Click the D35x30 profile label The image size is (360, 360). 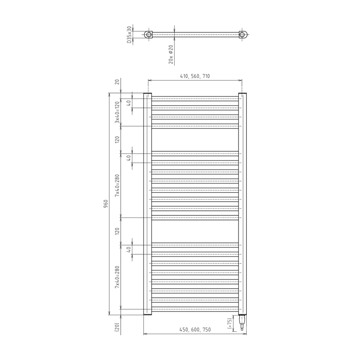[129, 34]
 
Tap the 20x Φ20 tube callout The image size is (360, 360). [170, 54]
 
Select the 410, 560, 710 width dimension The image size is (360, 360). [195, 76]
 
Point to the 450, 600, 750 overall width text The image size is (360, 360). [195, 330]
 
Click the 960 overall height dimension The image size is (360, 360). [106, 203]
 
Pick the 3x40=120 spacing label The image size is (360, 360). [117, 112]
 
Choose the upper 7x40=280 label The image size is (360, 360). [117, 186]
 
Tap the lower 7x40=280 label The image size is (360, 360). [117, 277]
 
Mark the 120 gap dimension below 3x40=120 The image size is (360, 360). [117, 140]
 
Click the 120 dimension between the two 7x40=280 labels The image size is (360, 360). [117, 231]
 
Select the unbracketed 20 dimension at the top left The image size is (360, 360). [117, 82]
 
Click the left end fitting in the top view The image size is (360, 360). [148, 34]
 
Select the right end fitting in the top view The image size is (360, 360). [244, 34]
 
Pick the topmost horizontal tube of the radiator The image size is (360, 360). [195, 99]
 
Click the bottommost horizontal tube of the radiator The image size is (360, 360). [195, 309]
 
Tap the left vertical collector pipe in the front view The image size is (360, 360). [148, 203]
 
